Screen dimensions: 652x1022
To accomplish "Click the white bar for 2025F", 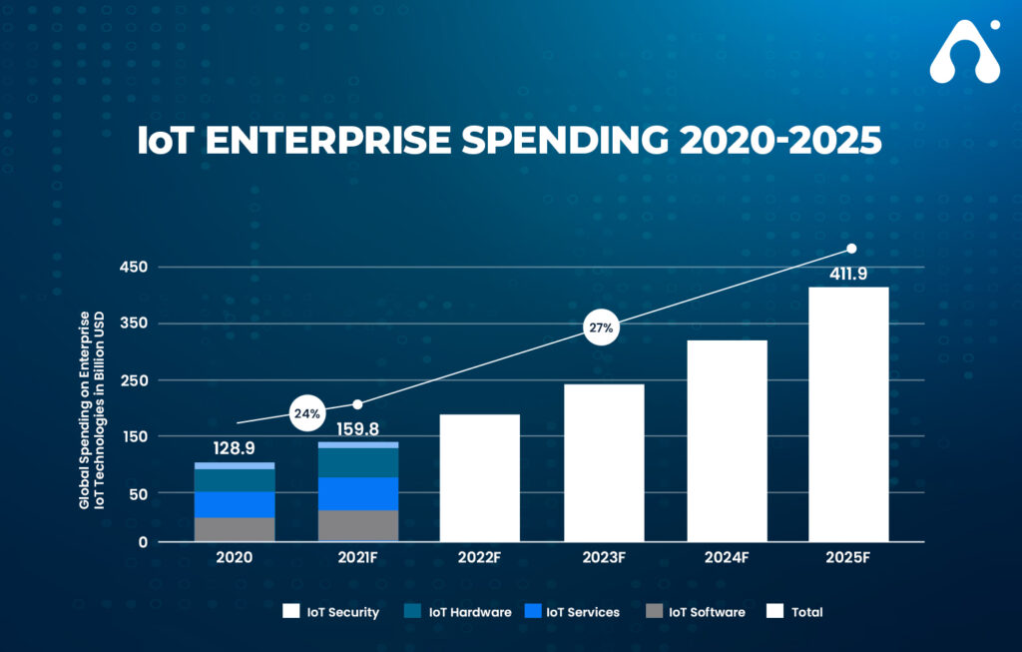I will coord(847,414).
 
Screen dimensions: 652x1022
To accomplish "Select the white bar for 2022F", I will coord(479,477).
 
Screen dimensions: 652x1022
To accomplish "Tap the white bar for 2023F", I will coord(604,462).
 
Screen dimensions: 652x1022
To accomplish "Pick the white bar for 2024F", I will coord(727,440).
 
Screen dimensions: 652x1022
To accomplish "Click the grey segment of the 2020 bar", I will coord(235,529).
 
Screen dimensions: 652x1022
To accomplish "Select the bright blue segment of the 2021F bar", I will coord(358,493).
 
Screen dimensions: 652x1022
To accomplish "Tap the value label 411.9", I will coord(847,274).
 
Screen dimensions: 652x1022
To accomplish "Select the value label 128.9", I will coord(235,449).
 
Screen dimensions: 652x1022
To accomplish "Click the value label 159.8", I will coord(358,429).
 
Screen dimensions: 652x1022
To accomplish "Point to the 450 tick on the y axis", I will coord(133,267).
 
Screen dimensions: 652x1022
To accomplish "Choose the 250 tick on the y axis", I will coord(133,380).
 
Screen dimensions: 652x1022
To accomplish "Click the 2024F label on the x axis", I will coord(727,557).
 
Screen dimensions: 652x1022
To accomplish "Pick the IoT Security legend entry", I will coord(331,611).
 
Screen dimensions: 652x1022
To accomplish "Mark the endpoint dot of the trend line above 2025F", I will coord(851,249).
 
